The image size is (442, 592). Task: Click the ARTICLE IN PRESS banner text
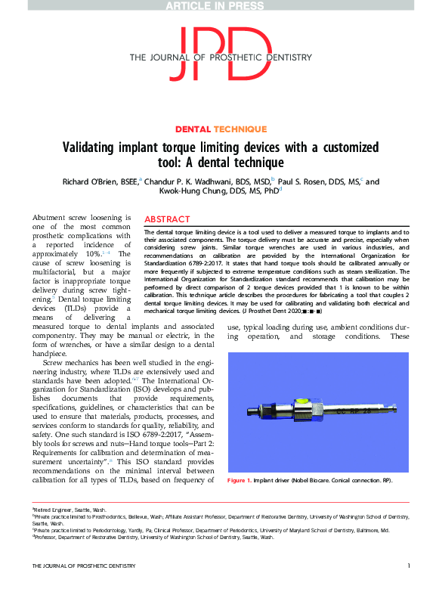pos(221,5)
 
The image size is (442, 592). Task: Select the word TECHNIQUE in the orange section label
pos(240,129)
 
